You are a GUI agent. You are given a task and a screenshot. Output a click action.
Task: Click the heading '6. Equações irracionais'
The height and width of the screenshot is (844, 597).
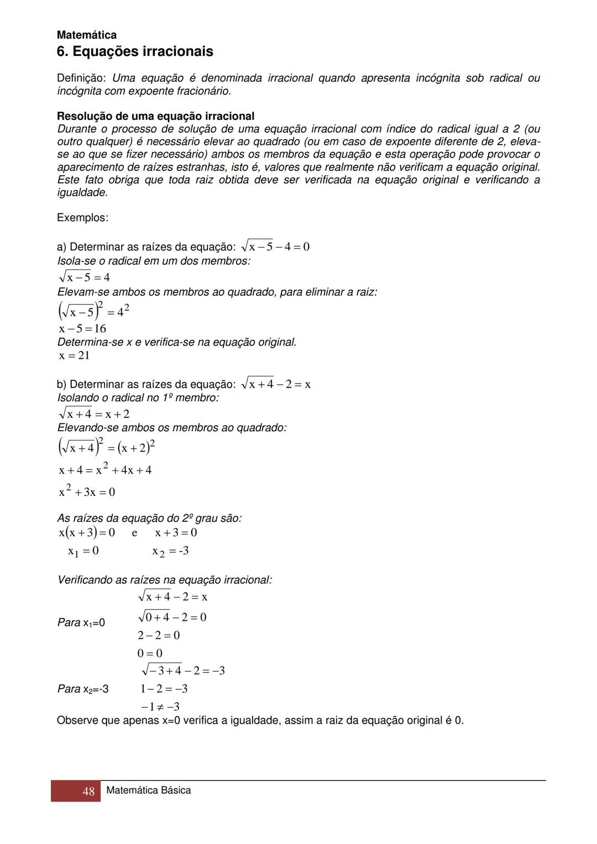tap(135, 52)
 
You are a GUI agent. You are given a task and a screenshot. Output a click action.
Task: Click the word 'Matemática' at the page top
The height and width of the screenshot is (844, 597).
tap(87, 35)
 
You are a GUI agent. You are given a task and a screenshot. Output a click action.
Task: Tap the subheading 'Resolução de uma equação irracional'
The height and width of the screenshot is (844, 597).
tap(155, 116)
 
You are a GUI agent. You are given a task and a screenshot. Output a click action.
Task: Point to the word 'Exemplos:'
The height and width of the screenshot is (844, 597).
tap(82, 218)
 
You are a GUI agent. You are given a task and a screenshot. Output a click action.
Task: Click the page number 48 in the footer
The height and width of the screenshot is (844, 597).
tap(88, 791)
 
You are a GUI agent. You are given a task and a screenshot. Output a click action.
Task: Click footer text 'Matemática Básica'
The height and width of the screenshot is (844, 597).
tap(148, 790)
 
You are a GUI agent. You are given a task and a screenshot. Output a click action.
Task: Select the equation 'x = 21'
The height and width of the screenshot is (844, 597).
tap(74, 355)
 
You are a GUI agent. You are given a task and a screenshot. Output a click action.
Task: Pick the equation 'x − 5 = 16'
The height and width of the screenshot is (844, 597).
tap(82, 329)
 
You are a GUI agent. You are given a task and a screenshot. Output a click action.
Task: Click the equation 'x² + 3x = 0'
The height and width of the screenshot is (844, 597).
tap(87, 491)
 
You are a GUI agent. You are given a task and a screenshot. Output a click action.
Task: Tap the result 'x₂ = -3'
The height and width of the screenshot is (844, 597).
tap(170, 551)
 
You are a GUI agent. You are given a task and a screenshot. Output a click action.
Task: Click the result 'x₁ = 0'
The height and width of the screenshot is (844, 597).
tap(83, 551)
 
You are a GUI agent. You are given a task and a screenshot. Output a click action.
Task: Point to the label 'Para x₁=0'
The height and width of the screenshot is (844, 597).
tap(81, 623)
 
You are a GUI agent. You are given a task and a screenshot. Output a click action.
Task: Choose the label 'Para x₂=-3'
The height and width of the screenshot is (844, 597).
tap(83, 689)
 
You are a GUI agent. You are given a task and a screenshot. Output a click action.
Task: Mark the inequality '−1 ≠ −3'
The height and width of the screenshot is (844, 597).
tap(160, 707)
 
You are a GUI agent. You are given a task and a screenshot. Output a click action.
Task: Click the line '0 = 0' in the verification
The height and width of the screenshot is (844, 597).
tap(150, 653)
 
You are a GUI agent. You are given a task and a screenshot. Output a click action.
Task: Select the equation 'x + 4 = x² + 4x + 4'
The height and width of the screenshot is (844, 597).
tap(105, 470)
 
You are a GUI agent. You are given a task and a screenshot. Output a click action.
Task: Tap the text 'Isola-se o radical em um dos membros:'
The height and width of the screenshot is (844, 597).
tap(154, 261)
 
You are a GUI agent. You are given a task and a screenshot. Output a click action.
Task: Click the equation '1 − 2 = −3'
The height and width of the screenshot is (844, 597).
tap(164, 689)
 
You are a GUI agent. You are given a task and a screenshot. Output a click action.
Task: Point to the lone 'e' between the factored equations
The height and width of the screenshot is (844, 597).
tap(134, 533)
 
